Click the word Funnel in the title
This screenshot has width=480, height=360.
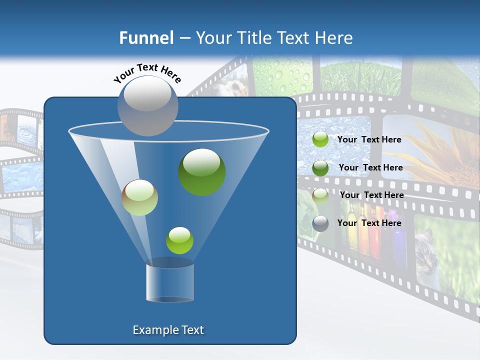[x=146, y=38]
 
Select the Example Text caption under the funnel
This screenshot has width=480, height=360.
[x=168, y=330]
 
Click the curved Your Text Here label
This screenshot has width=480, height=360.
[x=147, y=72]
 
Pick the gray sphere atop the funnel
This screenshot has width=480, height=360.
[x=148, y=105]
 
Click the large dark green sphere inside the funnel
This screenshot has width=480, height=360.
[x=202, y=171]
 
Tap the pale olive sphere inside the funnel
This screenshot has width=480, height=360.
[x=140, y=197]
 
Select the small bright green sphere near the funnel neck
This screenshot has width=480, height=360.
[x=179, y=240]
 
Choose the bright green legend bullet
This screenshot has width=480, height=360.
[x=320, y=139]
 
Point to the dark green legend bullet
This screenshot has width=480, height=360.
[x=320, y=168]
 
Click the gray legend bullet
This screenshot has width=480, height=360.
[x=320, y=223]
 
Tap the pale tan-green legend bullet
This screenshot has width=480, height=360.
[x=320, y=195]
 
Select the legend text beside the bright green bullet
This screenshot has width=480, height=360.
[x=369, y=139]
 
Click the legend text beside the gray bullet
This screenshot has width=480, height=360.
[x=369, y=223]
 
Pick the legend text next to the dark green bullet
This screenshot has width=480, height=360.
[x=371, y=167]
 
